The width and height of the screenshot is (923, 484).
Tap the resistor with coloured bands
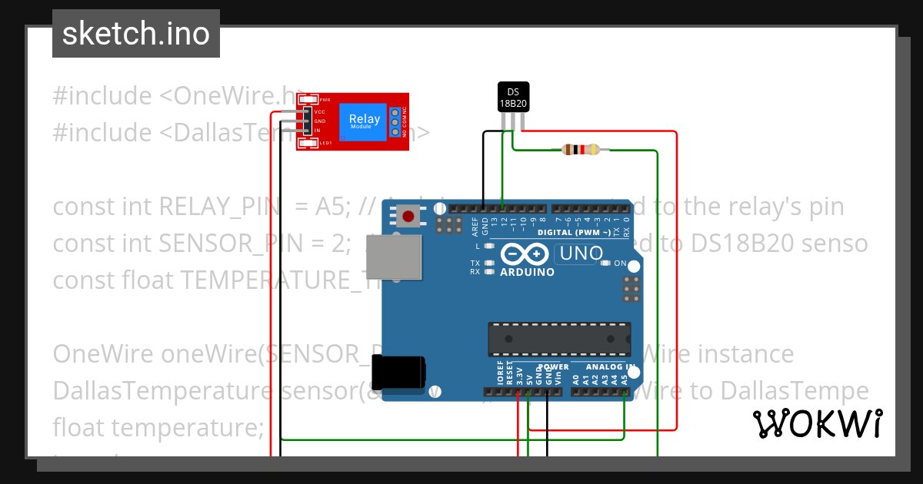click(x=580, y=150)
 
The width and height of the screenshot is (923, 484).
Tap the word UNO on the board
click(x=581, y=253)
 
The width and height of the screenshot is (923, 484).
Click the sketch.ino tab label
click(x=136, y=34)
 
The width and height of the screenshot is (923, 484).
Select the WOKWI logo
click(x=817, y=423)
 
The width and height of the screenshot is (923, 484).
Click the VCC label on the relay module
click(x=320, y=112)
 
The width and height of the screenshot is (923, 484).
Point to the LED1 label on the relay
click(x=325, y=143)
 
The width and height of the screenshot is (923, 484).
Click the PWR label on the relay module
click(x=325, y=100)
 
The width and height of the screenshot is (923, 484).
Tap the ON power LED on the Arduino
click(x=619, y=264)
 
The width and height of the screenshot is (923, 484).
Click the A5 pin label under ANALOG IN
click(x=624, y=377)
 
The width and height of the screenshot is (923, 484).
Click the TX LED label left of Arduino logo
click(x=475, y=264)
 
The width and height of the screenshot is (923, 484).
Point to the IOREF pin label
click(x=500, y=373)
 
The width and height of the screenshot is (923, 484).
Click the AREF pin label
click(x=475, y=225)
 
